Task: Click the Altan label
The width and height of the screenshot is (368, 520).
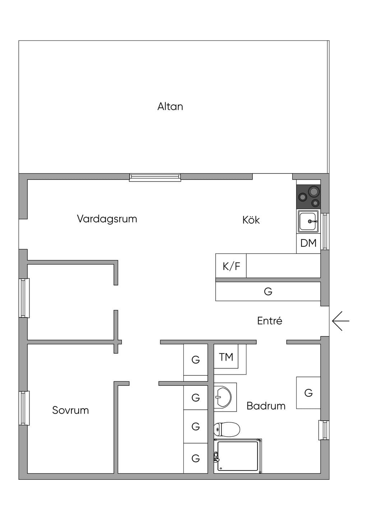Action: pyautogui.click(x=170, y=107)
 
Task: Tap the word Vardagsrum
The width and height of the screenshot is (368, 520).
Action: pyautogui.click(x=107, y=219)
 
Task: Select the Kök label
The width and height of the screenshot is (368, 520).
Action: pyautogui.click(x=251, y=220)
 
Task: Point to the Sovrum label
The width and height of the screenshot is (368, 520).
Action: pyautogui.click(x=70, y=410)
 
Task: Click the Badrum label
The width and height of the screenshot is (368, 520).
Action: pyautogui.click(x=266, y=406)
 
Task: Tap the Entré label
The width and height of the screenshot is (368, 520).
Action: pyautogui.click(x=270, y=321)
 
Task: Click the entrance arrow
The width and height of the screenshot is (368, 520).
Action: pyautogui.click(x=341, y=321)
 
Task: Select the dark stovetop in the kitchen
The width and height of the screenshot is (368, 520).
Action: pyautogui.click(x=309, y=197)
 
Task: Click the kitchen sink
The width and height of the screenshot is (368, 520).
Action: pyautogui.click(x=308, y=221)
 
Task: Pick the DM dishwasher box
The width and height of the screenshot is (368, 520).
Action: pyautogui.click(x=308, y=243)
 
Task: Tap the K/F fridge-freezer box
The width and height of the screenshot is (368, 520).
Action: pyautogui.click(x=231, y=266)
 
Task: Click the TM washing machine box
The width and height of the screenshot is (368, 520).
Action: pyautogui.click(x=226, y=356)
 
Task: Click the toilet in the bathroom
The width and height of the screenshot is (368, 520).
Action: pyautogui.click(x=226, y=429)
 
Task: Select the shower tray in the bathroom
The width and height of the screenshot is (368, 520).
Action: pyautogui.click(x=238, y=456)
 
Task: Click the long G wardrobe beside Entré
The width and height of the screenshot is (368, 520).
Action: pyautogui.click(x=268, y=291)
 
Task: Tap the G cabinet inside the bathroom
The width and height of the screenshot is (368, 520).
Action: pyautogui.click(x=308, y=393)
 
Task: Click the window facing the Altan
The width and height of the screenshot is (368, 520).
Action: pyautogui.click(x=155, y=177)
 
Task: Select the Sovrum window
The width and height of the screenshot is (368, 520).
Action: pyautogui.click(x=24, y=408)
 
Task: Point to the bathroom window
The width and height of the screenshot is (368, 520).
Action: pyautogui.click(x=324, y=430)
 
